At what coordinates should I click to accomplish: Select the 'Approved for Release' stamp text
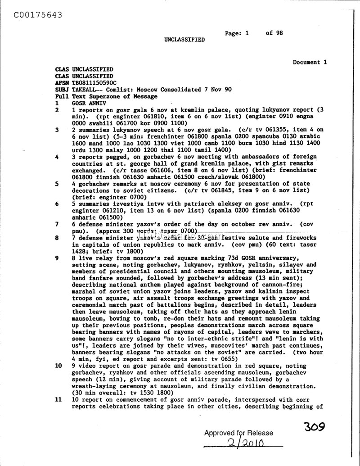(238, 433)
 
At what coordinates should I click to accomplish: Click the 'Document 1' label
(310, 63)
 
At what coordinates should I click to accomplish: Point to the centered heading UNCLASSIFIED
(184, 40)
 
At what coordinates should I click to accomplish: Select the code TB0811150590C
(94, 83)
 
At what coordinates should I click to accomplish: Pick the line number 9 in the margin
(57, 258)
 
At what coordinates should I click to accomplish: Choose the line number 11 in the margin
(58, 399)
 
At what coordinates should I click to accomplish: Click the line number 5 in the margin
(57, 184)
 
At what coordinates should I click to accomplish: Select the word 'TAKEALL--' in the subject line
(89, 90)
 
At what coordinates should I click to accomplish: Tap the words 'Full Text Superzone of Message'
(106, 96)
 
